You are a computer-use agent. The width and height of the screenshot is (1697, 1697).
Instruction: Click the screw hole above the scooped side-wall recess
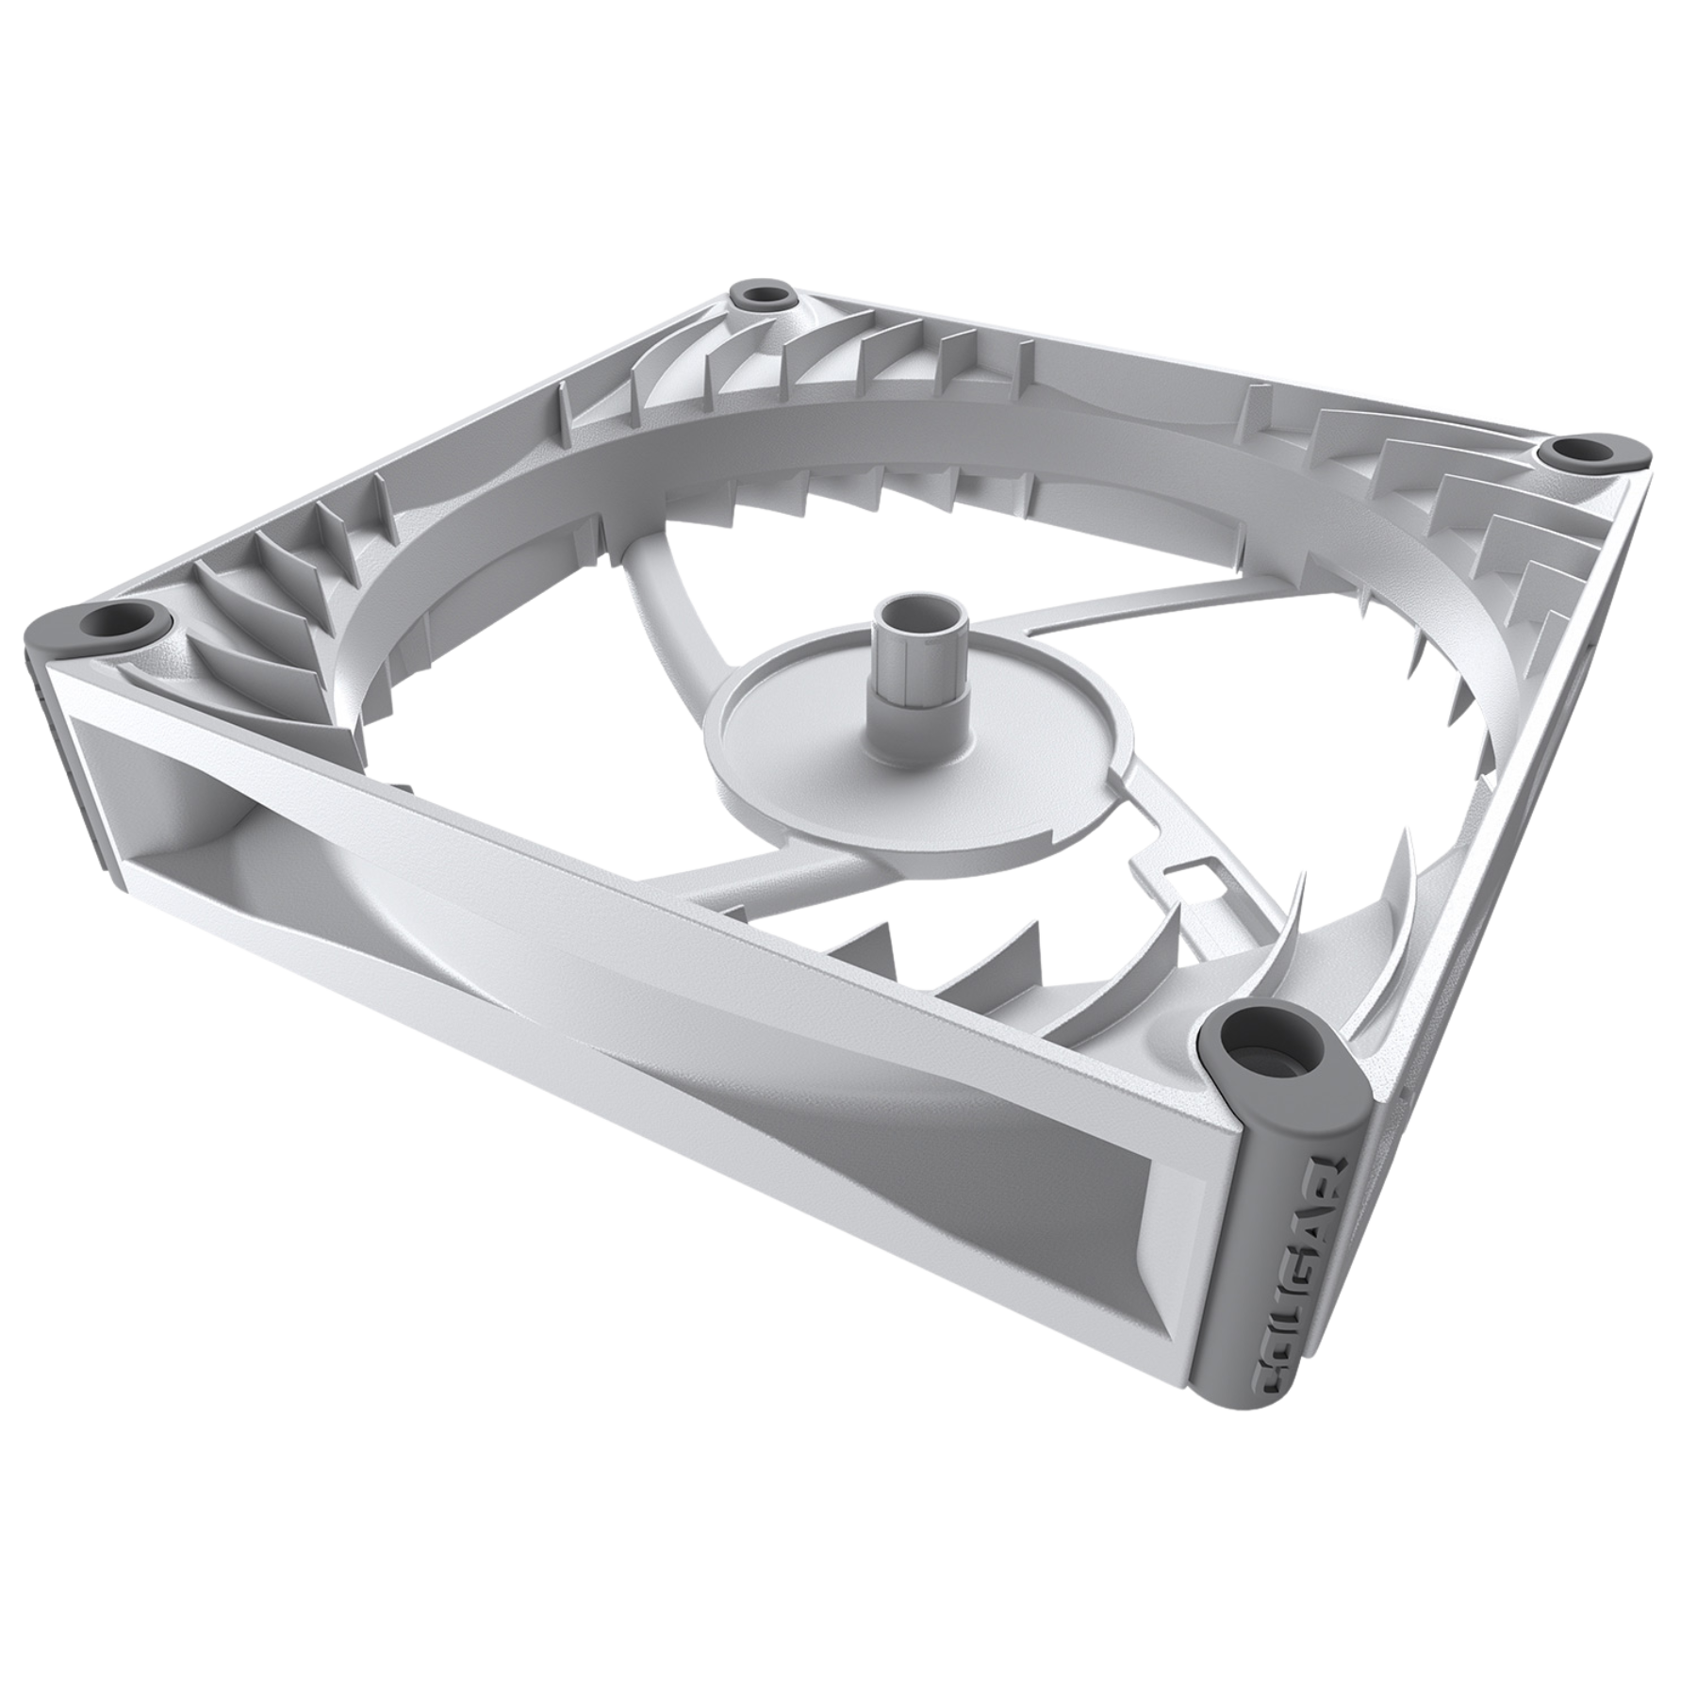coord(120,621)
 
